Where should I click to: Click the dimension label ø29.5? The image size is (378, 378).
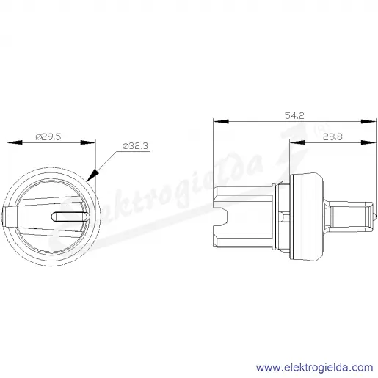coord(48,137)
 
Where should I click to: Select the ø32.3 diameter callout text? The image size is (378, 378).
coord(135,146)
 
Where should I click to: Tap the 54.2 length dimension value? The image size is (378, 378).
coord(294,115)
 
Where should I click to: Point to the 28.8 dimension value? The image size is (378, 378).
coord(332,137)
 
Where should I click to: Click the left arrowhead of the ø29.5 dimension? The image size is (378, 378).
coord(15,142)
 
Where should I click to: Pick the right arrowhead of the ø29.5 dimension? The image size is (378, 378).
coord(88,142)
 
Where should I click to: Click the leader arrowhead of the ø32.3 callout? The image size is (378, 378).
coord(92,175)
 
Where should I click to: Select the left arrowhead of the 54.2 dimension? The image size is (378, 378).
coord(221,121)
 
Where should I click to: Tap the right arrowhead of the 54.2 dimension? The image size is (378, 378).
coord(368,121)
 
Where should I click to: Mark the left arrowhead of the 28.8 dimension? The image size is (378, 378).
coord(297,142)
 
